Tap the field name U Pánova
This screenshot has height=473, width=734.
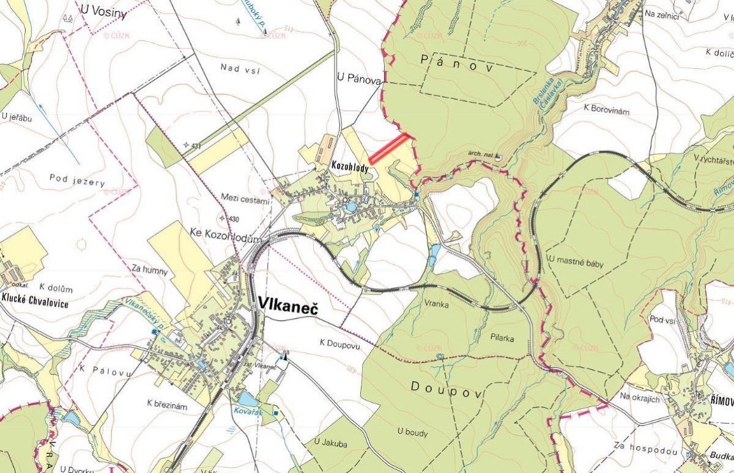point(359,79)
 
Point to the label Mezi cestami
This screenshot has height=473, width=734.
point(245,199)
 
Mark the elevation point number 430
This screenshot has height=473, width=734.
point(232,219)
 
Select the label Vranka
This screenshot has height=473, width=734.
point(436,303)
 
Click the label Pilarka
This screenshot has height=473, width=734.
point(502,337)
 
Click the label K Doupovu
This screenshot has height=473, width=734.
point(339,345)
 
